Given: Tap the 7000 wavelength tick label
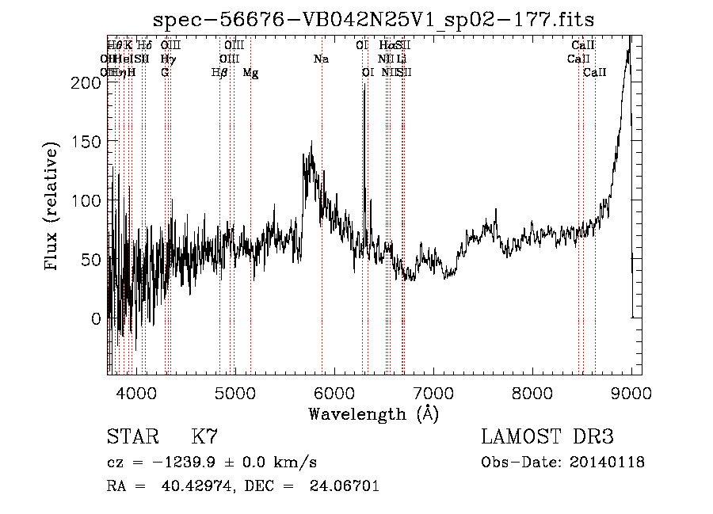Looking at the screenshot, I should [433, 392].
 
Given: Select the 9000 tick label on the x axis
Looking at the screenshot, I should [631, 392].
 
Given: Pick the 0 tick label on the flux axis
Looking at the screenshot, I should [96, 318].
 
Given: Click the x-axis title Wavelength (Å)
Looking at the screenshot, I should [373, 413].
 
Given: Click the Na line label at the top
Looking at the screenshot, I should [321, 59].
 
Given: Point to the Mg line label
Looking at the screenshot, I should [250, 73].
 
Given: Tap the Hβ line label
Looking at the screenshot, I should [219, 73].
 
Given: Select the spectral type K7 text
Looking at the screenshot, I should [204, 436].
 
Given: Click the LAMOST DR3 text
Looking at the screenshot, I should [547, 436].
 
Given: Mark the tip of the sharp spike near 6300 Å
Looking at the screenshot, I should [364, 84].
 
